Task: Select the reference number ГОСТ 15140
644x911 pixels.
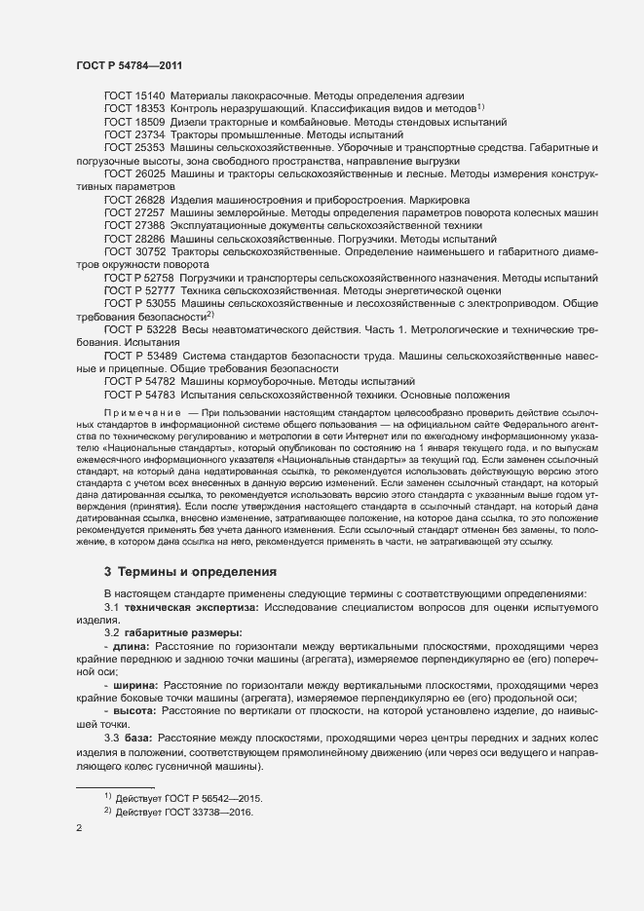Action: [135, 96]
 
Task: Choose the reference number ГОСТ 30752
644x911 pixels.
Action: [135, 251]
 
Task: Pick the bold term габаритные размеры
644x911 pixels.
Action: [178, 632]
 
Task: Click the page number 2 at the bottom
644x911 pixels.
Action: [79, 830]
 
